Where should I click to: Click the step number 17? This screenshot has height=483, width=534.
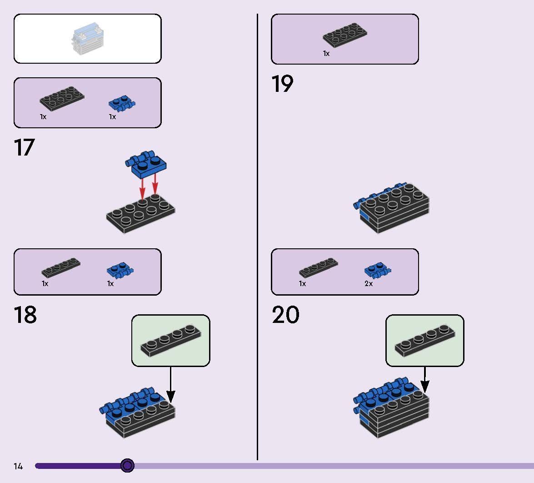point(24,148)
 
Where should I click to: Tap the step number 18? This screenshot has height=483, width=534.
point(25,315)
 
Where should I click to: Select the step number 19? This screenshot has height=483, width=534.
point(282,84)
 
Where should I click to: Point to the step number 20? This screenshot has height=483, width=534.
point(285,315)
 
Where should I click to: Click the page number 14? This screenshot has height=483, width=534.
point(18,466)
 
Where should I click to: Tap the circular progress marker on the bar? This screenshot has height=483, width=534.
point(128,465)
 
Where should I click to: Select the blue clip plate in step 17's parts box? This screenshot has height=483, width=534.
point(122,104)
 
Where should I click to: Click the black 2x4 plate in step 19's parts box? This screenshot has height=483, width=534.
point(345,35)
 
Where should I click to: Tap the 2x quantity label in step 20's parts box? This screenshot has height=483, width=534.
point(369,284)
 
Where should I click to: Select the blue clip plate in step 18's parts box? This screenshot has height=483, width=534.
point(120,271)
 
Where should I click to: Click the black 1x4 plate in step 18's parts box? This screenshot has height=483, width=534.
point(61,268)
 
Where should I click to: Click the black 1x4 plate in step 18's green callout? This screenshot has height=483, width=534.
point(171,340)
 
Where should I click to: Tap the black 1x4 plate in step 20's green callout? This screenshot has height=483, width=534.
point(425,340)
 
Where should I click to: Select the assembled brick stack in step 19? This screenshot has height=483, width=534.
point(391,208)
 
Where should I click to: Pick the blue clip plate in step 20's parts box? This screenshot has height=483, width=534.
point(378,271)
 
